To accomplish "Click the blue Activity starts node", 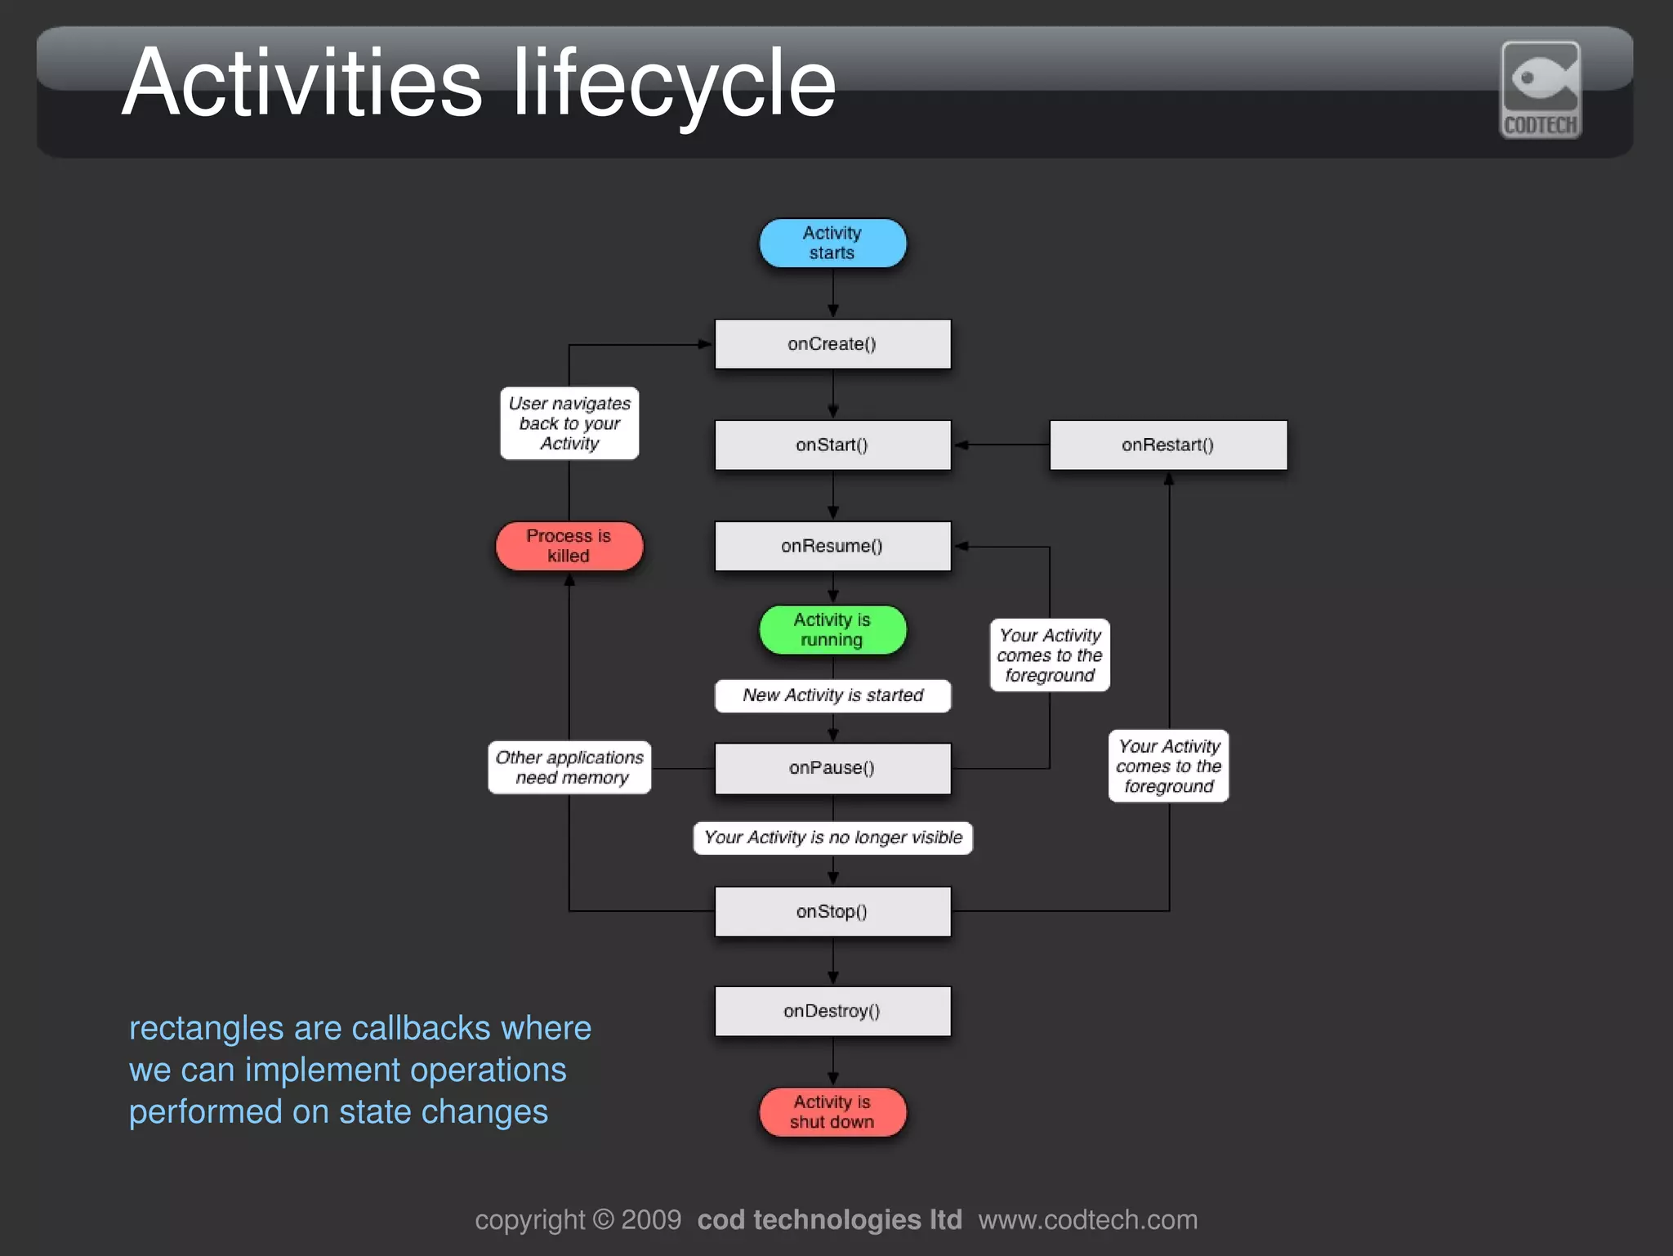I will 832,243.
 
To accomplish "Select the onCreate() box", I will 832,344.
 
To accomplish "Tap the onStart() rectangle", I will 832,445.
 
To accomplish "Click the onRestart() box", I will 1167,445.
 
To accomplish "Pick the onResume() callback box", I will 832,546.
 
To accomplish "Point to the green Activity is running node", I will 832,629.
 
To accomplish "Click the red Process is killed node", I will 569,546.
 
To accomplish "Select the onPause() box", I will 832,768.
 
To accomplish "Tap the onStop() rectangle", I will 832,911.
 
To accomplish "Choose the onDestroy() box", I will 832,1011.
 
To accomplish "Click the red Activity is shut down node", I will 832,1111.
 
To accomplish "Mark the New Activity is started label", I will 832,695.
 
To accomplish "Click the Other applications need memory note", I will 569,767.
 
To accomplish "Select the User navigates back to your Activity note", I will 569,423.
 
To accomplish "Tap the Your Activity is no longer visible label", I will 832,838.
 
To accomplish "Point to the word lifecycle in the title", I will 675,83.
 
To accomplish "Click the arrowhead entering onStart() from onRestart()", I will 961,445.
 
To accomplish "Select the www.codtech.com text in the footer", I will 1087,1219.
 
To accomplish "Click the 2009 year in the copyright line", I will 650,1219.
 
